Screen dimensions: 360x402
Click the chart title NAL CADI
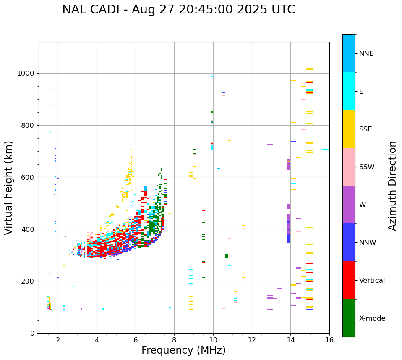pyautogui.click(x=178, y=10)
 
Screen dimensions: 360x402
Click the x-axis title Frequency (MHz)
pyautogui.click(x=183, y=350)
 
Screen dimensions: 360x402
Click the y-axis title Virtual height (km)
pyautogui.click(x=9, y=188)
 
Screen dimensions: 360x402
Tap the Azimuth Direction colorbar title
pyautogui.click(x=392, y=186)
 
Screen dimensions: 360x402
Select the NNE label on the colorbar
pyautogui.click(x=366, y=54)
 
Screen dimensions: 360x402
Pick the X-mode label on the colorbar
pyautogui.click(x=372, y=318)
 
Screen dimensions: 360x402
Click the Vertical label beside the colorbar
pyautogui.click(x=372, y=281)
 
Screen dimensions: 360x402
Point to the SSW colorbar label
pyautogui.click(x=367, y=167)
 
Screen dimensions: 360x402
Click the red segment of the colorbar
pyautogui.click(x=349, y=280)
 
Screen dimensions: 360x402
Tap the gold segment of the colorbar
pyautogui.click(x=349, y=129)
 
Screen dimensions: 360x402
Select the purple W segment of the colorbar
pyautogui.click(x=349, y=205)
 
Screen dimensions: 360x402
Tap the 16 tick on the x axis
pyautogui.click(x=329, y=340)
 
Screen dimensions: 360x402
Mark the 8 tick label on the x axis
pyautogui.click(x=174, y=340)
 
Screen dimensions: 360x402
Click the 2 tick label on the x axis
pyautogui.click(x=58, y=340)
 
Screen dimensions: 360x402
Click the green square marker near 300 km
pyautogui.click(x=227, y=256)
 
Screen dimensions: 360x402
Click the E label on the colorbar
pyautogui.click(x=361, y=92)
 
